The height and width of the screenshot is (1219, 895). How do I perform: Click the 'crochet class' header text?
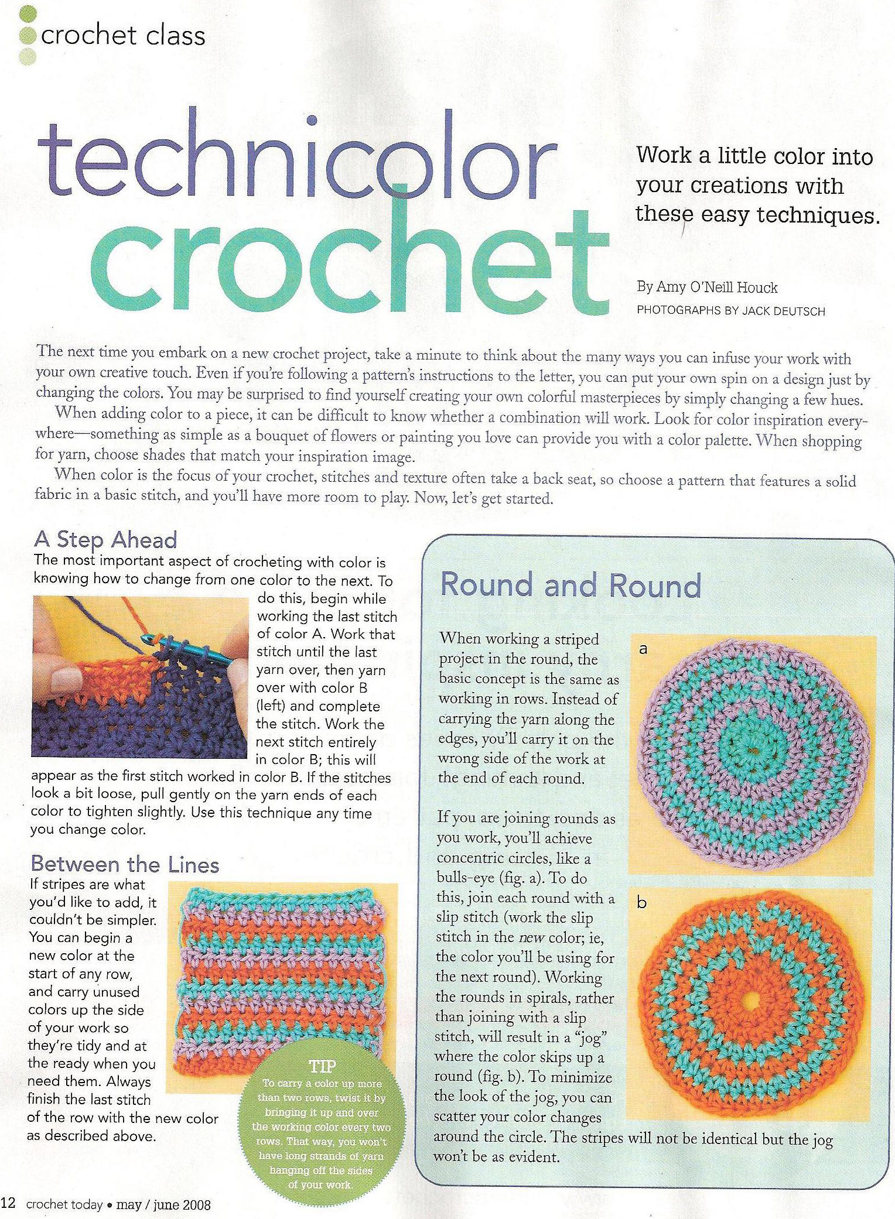pos(123,36)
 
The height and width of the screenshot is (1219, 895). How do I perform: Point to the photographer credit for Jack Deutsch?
pos(730,311)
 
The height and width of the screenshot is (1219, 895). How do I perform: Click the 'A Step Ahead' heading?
pos(105,539)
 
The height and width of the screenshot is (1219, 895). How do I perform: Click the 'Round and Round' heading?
pos(571,585)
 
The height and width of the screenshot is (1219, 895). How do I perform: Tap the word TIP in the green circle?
pos(322,1066)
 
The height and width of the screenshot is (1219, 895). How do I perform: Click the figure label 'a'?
pos(643,649)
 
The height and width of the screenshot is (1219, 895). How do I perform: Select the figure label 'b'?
pos(642,903)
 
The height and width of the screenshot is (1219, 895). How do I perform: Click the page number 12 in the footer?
pos(8,1203)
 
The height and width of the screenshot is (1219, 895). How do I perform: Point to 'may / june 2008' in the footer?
pos(163,1204)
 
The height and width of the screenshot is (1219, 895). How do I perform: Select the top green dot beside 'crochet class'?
pos(28,13)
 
